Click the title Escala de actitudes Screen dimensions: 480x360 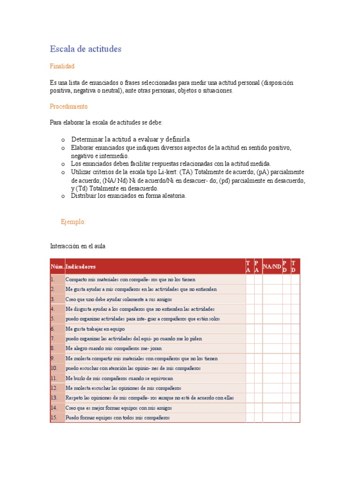(x=86, y=49)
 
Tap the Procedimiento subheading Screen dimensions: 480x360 (x=68, y=106)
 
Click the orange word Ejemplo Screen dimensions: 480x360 (x=74, y=222)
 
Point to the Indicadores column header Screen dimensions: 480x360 (x=81, y=267)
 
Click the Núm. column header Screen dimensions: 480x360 (x=57, y=267)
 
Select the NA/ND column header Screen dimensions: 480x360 (x=272, y=267)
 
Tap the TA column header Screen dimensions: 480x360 (x=248, y=267)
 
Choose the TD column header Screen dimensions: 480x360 (x=294, y=267)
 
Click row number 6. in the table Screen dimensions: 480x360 (x=53, y=329)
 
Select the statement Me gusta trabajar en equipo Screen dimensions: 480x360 (x=95, y=329)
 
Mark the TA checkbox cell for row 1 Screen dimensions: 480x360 (x=249, y=279)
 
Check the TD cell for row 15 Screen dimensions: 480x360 (x=295, y=418)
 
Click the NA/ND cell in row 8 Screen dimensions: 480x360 (x=272, y=348)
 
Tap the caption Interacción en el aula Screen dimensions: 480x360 (x=81, y=246)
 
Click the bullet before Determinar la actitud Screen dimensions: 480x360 (x=62, y=140)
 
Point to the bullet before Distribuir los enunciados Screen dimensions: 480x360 (x=62, y=196)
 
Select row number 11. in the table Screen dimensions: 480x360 (x=54, y=378)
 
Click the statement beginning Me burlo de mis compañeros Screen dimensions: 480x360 (x=119, y=378)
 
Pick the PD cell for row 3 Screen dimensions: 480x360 (x=286, y=299)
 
